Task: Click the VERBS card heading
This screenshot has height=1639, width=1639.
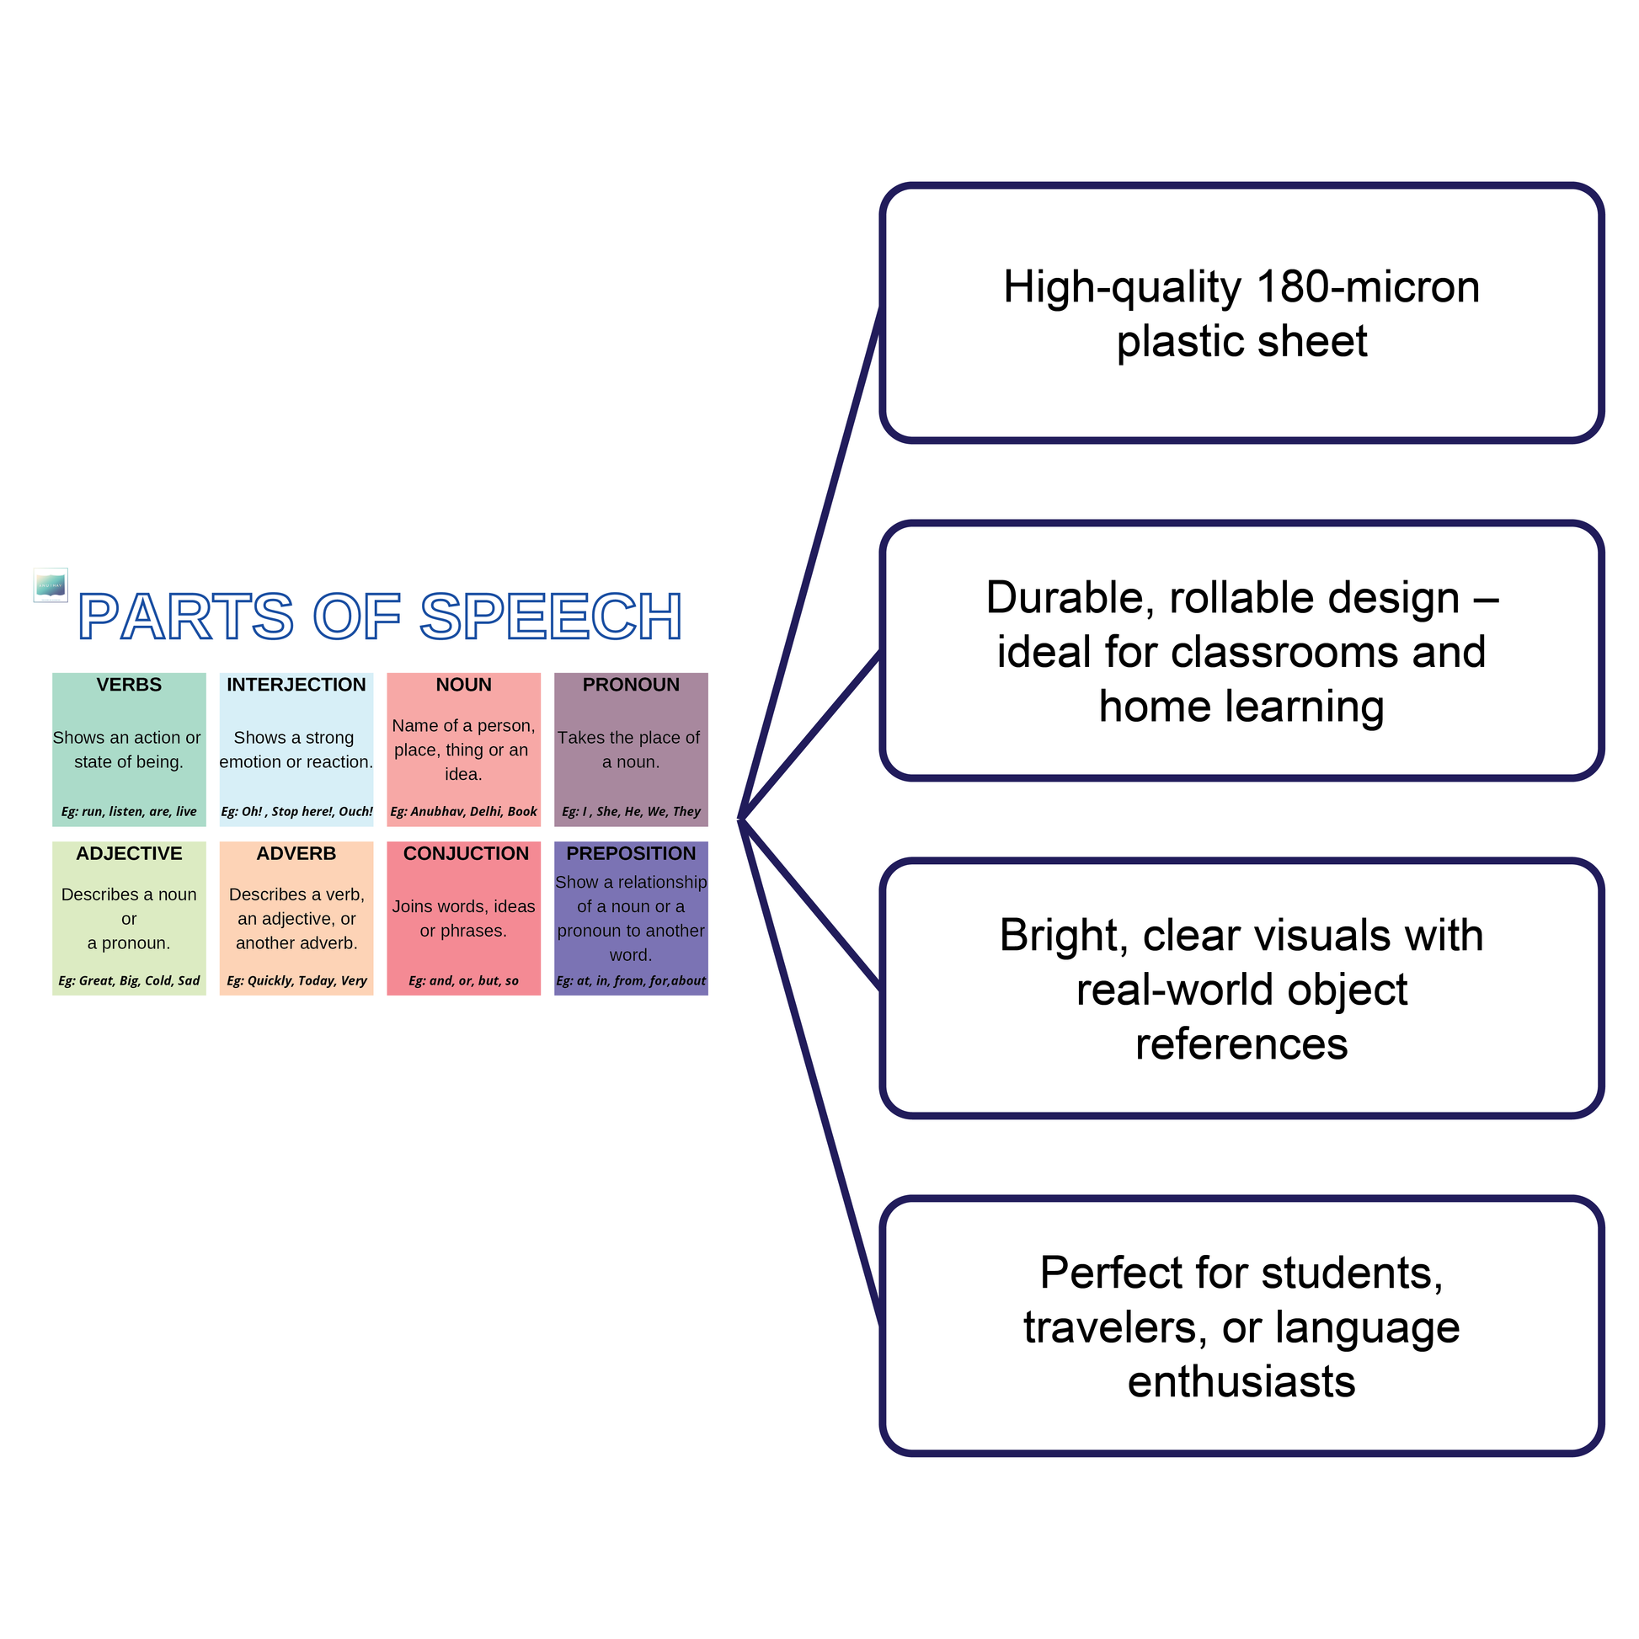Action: tap(129, 685)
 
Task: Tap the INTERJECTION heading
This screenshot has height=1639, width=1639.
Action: tap(296, 685)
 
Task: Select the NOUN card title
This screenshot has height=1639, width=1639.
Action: tap(463, 685)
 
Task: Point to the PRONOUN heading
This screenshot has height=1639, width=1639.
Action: tap(630, 685)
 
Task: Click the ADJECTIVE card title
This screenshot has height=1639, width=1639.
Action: tap(129, 853)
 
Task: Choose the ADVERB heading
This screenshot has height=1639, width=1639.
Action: tap(296, 853)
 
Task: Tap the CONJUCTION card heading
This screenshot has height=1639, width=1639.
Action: tap(466, 853)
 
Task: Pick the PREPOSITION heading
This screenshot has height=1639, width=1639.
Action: tap(630, 853)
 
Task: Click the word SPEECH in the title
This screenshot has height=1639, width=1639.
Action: tap(551, 616)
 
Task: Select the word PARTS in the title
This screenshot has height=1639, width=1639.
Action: tap(186, 616)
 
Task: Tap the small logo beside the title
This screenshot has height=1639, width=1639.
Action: tap(50, 585)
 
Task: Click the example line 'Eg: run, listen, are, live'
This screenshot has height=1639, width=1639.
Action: tap(129, 811)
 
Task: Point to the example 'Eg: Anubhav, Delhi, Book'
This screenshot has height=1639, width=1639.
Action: tap(463, 811)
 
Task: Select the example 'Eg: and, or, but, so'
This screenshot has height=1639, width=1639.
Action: tap(463, 980)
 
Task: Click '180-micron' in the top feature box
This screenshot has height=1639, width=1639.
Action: tap(1368, 286)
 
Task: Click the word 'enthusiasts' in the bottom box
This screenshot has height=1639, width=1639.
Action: tap(1241, 1381)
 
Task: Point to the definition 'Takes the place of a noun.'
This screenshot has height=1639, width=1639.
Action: tap(629, 749)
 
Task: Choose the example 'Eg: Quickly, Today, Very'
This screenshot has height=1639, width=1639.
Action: tap(296, 980)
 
